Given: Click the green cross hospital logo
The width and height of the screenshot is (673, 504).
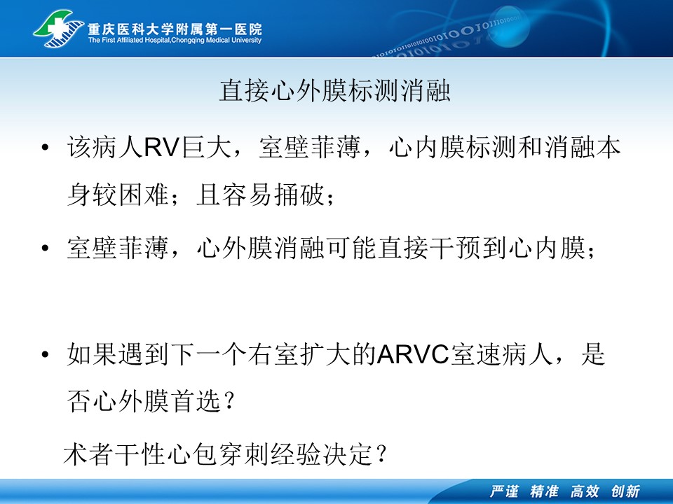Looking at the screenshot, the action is point(59,28).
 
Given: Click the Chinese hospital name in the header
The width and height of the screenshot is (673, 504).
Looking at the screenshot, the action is point(175,29).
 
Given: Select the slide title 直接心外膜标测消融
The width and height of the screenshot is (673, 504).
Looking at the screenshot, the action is point(335,90).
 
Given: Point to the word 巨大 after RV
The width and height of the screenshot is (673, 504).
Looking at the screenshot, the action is point(206,148).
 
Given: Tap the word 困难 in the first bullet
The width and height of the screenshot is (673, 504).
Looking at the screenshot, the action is point(143,195).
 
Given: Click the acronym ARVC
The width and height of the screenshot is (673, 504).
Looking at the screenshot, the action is point(413,355).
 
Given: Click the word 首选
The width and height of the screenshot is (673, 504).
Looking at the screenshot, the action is point(196,402).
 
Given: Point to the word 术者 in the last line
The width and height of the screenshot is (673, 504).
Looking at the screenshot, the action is point(88,454).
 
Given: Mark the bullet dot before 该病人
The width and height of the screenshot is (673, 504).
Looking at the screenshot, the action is point(45,148).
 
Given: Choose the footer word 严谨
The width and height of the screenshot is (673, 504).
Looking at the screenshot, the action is point(505,491).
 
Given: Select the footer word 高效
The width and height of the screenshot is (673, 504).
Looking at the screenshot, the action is point(585,491).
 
